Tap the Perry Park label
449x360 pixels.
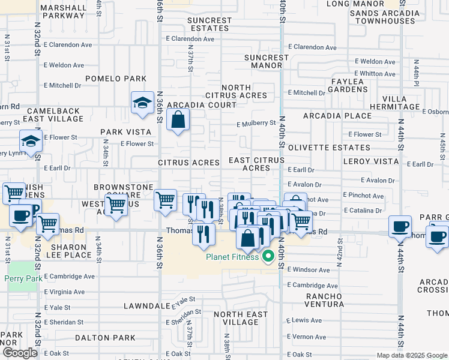[x=20, y=278]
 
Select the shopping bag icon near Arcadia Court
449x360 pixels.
[x=178, y=121]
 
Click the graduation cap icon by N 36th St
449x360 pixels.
[x=142, y=103]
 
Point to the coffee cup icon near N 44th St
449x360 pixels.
[x=399, y=227]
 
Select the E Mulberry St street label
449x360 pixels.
[x=256, y=124]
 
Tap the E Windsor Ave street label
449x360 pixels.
[x=309, y=270]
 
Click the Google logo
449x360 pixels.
[x=19, y=353]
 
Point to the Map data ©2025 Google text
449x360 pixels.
[x=411, y=355]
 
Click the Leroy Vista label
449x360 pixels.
[x=371, y=161]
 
